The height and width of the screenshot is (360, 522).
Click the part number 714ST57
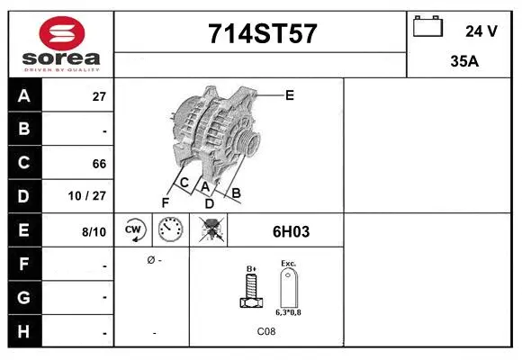pyautogui.click(x=262, y=34)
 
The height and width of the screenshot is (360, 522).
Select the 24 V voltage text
pyautogui.click(x=481, y=31)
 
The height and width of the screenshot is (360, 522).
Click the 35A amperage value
pyautogui.click(x=463, y=63)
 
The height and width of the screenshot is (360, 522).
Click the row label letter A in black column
pyautogui.click(x=24, y=96)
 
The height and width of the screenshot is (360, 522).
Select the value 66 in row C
pyautogui.click(x=99, y=164)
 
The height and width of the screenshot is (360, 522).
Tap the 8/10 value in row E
pyautogui.click(x=94, y=231)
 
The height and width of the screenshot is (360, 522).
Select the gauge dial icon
pyautogui.click(x=171, y=230)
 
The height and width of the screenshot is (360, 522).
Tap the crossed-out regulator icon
pyautogui.click(x=211, y=230)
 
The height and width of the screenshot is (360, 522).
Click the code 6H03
pyautogui.click(x=291, y=231)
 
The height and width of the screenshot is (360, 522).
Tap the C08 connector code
pyautogui.click(x=266, y=332)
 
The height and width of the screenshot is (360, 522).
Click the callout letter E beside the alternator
pyautogui.click(x=289, y=94)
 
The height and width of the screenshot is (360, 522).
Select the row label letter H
pyautogui.click(x=24, y=332)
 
